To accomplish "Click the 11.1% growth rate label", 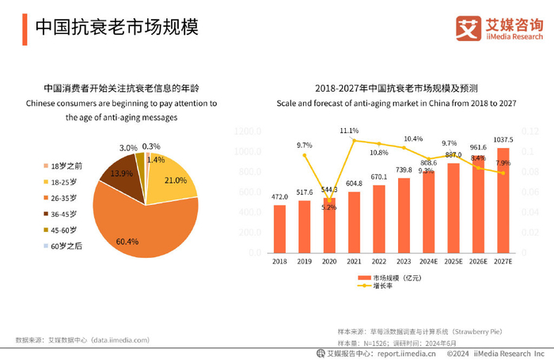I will pyautogui.click(x=349, y=131).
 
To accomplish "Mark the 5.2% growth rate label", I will pyautogui.click(x=329, y=207).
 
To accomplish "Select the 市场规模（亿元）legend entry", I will pyautogui.click(x=387, y=278).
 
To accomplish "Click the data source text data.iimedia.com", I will pyautogui.click(x=112, y=339).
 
